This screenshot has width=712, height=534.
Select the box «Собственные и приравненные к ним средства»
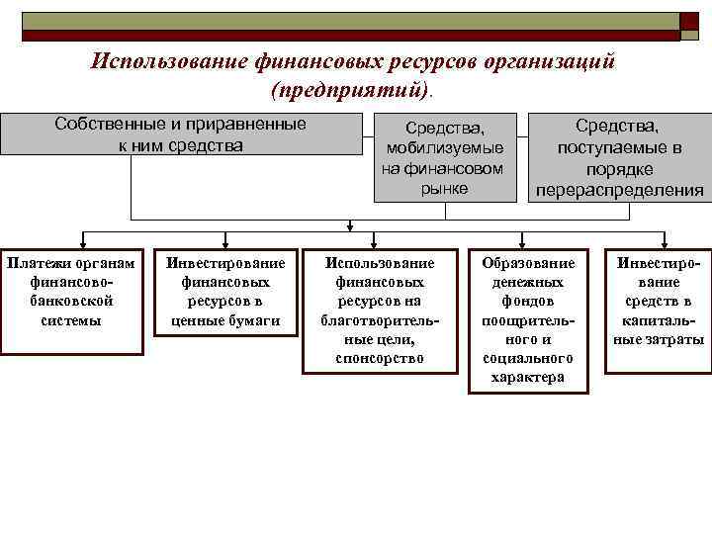(x=182, y=134)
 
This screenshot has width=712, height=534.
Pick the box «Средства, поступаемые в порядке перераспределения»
(x=619, y=156)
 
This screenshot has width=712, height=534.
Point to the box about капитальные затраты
(x=658, y=310)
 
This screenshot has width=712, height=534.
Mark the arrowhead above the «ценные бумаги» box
(x=226, y=238)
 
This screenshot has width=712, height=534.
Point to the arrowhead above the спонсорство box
(x=379, y=238)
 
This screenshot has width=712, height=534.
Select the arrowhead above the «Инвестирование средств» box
(x=656, y=238)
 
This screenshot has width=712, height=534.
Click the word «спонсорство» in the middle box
(x=379, y=358)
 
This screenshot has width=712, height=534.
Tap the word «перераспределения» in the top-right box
(x=619, y=189)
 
